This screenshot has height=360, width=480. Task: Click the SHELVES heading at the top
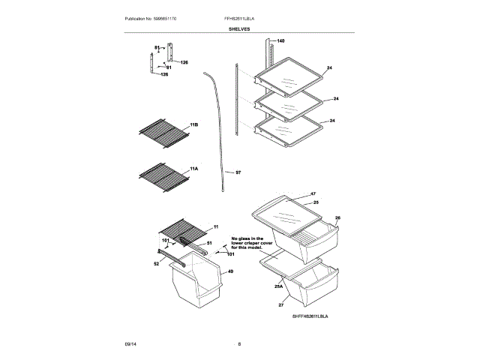click(x=240, y=28)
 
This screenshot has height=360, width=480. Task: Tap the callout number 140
click(x=281, y=40)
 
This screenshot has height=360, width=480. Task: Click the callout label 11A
click(x=193, y=169)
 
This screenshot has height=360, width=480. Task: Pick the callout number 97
click(x=238, y=172)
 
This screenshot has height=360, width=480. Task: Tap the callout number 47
click(x=313, y=193)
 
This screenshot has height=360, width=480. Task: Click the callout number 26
click(x=337, y=218)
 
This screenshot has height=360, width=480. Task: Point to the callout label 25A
click(x=278, y=285)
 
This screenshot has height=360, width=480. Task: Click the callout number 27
click(x=281, y=306)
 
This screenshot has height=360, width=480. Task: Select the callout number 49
click(x=231, y=271)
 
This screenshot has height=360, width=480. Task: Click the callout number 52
click(x=156, y=263)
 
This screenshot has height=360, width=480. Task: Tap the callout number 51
click(x=209, y=243)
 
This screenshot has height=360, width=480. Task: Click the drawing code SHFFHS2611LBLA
click(x=310, y=317)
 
